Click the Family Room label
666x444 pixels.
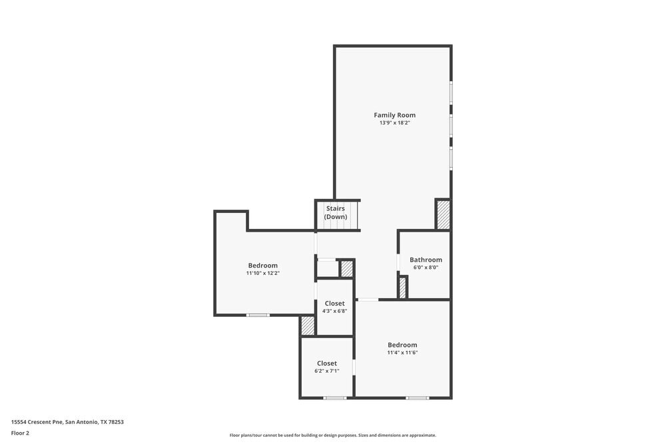tap(394, 115)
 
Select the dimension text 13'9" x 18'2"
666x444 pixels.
tap(394, 123)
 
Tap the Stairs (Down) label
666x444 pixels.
tap(336, 212)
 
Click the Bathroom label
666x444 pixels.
tap(426, 260)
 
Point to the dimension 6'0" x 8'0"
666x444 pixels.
tap(426, 268)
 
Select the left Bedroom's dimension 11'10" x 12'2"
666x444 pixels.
tap(262, 273)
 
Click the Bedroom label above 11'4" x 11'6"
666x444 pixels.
tap(402, 345)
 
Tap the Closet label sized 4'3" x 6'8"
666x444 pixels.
tap(334, 304)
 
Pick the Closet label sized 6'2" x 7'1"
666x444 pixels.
tap(326, 363)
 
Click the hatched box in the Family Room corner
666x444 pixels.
tap(443, 215)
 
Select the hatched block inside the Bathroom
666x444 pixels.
tap(402, 288)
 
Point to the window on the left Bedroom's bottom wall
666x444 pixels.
tap(258, 315)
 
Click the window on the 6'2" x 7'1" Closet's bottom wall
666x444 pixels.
tap(335, 398)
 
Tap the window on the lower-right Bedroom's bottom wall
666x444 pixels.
tap(418, 398)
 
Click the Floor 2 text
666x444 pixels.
tap(20, 433)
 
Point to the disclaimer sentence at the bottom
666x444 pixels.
tap(332, 435)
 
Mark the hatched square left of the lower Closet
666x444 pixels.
tap(308, 326)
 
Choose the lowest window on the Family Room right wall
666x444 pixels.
tap(451, 158)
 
